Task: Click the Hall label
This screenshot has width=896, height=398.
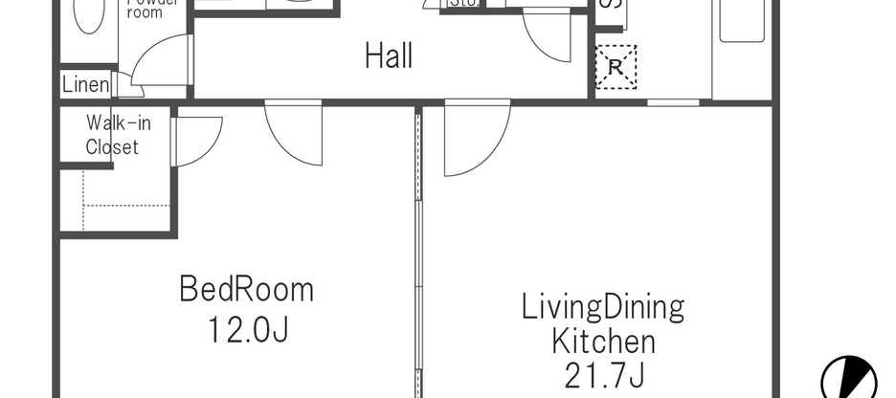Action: [389, 56]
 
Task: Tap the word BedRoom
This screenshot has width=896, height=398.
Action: [247, 288]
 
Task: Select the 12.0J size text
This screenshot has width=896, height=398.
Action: [247, 330]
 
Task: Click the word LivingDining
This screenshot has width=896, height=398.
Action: [602, 307]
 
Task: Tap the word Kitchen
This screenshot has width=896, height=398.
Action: [602, 342]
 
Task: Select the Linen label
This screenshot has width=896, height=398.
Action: [85, 85]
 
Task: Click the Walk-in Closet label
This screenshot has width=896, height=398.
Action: [112, 135]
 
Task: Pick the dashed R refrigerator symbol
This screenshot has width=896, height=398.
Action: [614, 67]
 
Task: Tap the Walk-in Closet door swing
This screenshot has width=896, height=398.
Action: [196, 141]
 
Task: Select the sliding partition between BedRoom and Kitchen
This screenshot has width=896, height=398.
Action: [418, 249]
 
